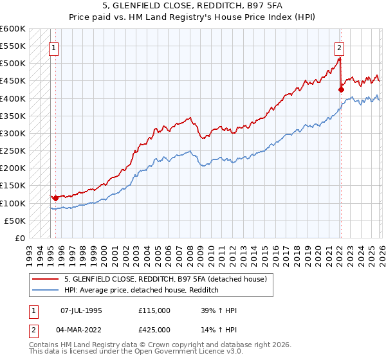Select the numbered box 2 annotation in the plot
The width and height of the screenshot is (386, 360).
pyautogui.click(x=339, y=47)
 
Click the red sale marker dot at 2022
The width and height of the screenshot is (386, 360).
pyautogui.click(x=341, y=90)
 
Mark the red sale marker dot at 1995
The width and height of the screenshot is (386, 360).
pyautogui.click(x=56, y=198)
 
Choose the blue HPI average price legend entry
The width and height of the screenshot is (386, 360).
pyautogui.click(x=142, y=291)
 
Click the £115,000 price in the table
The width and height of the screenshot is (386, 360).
pyautogui.click(x=154, y=310)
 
